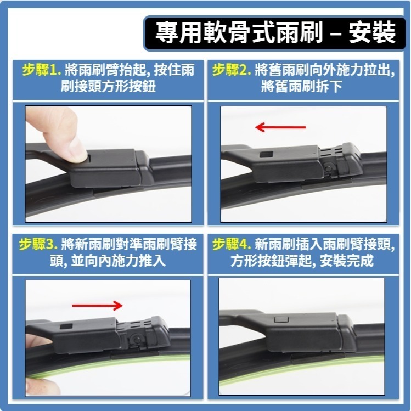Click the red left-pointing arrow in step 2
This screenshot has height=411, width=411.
[280, 127]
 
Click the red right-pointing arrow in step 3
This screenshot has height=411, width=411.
[97, 305]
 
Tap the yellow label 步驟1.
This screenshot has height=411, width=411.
[41, 70]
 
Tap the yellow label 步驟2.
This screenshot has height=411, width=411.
[232, 70]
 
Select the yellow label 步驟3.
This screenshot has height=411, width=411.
[38, 244]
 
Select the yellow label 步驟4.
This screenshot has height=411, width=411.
[232, 244]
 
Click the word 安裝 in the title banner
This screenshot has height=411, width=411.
[372, 32]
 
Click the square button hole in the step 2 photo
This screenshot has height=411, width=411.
[266, 154]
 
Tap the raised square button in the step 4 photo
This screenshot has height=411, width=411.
[281, 319]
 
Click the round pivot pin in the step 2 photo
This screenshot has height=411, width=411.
[328, 167]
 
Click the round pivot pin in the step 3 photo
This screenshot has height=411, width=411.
[136, 339]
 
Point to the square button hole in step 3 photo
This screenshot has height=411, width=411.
[66, 326]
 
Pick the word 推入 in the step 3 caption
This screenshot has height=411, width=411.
[152, 261]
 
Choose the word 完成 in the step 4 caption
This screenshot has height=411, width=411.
[360, 261]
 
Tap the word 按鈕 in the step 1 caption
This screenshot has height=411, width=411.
[142, 86]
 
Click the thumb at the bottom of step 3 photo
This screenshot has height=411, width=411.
[42, 386]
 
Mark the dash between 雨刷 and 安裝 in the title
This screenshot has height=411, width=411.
[335, 35]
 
